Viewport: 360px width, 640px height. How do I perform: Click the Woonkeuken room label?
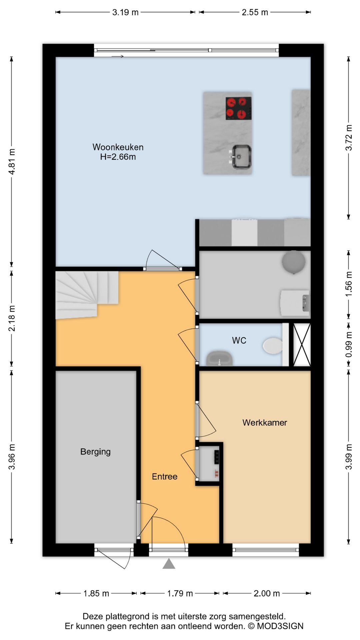118,147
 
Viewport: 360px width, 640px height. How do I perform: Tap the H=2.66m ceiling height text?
118,157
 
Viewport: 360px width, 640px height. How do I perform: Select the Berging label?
95,452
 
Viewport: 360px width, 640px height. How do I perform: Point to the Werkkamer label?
265,423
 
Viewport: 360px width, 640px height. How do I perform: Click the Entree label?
165,477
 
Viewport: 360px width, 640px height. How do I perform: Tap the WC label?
239,341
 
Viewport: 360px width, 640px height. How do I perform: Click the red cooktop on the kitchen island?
238,108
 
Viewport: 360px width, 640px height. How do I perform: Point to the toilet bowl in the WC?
273,346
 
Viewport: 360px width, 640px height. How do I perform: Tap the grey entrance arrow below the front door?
169,564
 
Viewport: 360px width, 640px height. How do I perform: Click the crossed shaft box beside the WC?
302,345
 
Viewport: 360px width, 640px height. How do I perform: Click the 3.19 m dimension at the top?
125,12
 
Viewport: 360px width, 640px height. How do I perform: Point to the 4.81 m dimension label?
12,161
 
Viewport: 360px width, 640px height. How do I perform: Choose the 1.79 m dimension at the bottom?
180,593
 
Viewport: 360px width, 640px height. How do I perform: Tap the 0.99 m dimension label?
349,345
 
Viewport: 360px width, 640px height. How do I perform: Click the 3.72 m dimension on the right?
349,138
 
